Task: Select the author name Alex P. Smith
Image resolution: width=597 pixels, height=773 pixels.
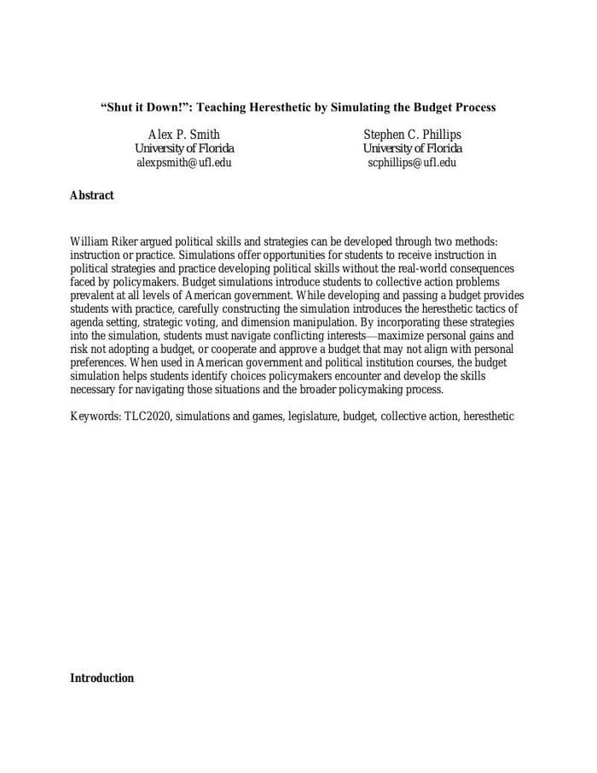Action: coord(184,135)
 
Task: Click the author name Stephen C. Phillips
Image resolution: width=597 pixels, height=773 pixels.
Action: coord(412,135)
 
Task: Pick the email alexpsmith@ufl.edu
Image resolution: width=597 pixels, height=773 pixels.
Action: coord(184,163)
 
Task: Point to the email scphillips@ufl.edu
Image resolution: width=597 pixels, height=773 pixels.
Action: coord(412,163)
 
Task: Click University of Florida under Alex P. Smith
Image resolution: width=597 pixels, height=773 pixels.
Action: coord(184,149)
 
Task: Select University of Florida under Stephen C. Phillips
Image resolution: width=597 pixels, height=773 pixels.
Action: coord(412,149)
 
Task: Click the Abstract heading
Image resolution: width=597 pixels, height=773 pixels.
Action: coord(91,195)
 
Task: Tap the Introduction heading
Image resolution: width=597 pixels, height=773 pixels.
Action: coord(101,678)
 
